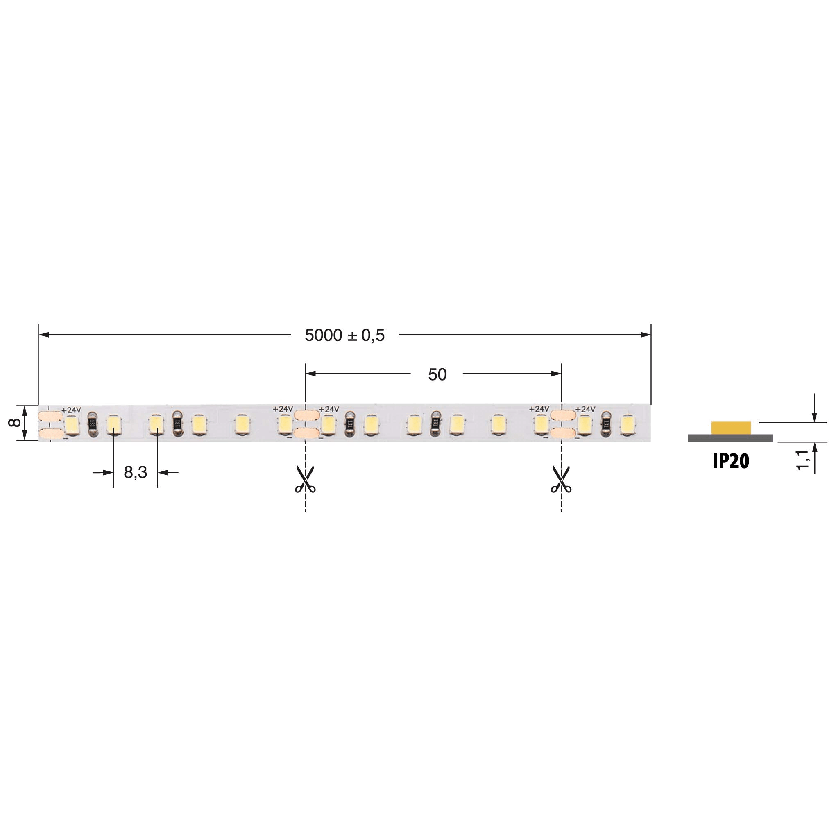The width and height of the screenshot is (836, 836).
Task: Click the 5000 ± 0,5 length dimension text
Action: (344, 335)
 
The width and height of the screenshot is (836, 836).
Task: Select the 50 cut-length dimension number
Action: (437, 374)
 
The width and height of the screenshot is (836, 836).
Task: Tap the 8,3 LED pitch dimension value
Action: (135, 472)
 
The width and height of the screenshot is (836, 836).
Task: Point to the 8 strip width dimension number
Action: (14, 422)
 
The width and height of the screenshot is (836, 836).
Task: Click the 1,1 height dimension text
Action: (803, 460)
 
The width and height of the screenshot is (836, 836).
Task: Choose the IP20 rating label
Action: (731, 461)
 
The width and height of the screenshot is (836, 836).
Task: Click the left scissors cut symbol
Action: (305, 480)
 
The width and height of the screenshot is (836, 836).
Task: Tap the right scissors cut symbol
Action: (561, 480)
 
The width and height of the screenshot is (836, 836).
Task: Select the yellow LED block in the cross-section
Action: (731, 428)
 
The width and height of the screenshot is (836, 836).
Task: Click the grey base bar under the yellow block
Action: (730, 438)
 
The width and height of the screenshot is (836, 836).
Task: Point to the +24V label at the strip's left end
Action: (71, 410)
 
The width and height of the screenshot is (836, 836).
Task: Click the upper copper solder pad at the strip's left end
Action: (50, 416)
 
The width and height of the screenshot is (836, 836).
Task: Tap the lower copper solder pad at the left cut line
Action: (306, 433)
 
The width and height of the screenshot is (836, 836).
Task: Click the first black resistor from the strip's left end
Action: (92, 423)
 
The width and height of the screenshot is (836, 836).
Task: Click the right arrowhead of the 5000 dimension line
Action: (646, 335)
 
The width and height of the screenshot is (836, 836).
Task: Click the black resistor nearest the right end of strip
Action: (606, 424)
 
